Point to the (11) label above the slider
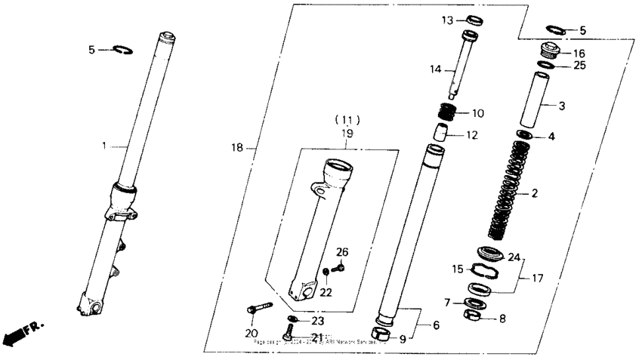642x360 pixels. (x=347, y=120)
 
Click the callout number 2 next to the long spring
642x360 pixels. (x=535, y=194)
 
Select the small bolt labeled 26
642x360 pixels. (x=338, y=266)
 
